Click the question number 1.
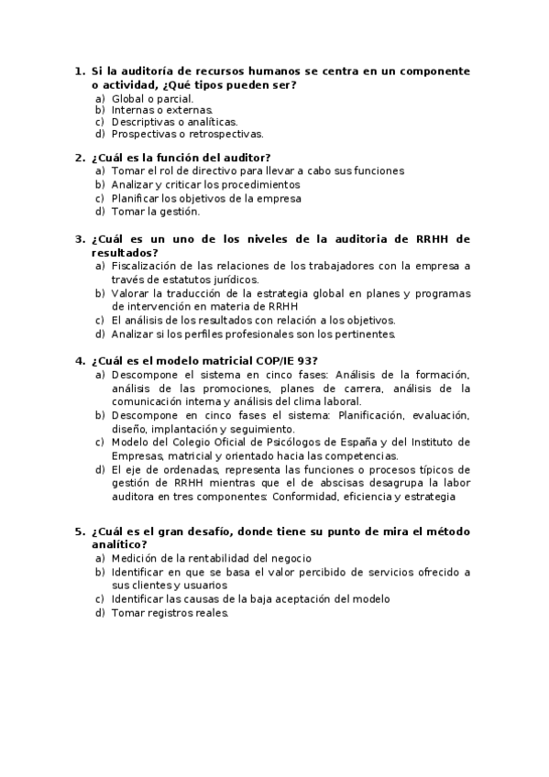click(x=78, y=71)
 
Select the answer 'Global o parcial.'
click(x=152, y=97)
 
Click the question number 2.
click(x=79, y=157)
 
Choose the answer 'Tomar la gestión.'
click(x=155, y=211)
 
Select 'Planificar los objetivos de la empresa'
click(x=205, y=198)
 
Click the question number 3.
click(x=79, y=239)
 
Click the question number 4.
click(x=79, y=360)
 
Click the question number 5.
click(x=79, y=531)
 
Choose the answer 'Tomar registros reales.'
click(x=170, y=613)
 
